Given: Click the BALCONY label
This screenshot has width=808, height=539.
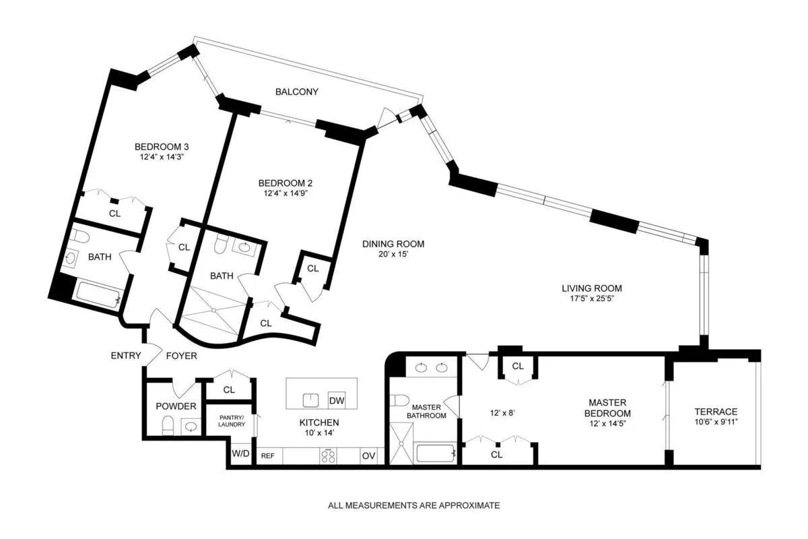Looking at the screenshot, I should point(296,92).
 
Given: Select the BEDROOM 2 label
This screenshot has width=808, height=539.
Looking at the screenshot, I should point(285,183).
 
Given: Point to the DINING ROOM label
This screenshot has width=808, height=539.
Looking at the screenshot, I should point(393,244).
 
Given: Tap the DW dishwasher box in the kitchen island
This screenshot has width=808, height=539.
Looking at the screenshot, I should point(336,401).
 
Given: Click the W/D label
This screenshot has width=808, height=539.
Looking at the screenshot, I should point(240,454).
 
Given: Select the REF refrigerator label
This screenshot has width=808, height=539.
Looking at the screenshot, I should point(267,455).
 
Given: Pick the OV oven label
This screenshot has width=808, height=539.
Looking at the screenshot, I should point(369,455).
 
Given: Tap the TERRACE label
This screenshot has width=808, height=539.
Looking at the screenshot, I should point(716,412).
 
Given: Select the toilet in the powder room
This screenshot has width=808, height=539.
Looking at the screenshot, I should point(168,424).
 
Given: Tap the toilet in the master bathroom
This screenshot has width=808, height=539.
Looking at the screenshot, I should point(400,400).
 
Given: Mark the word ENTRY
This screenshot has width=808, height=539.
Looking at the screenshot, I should point(126,355).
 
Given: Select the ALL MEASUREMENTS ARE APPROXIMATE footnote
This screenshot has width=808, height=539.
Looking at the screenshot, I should point(413,505).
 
